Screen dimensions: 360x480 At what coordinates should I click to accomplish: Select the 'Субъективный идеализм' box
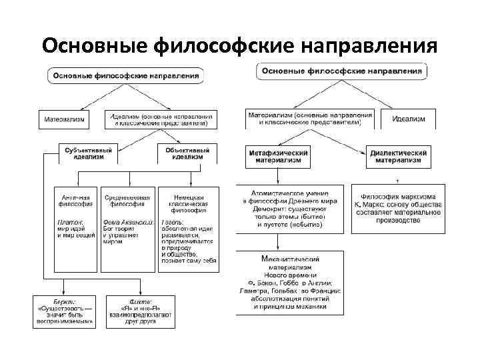click(x=88, y=153)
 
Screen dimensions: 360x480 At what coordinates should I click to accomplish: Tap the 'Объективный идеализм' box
click(x=187, y=153)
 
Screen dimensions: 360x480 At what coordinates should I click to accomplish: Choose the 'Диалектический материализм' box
click(x=398, y=156)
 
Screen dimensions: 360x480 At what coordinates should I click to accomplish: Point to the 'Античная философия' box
click(x=76, y=200)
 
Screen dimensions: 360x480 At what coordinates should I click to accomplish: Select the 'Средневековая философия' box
click(x=129, y=200)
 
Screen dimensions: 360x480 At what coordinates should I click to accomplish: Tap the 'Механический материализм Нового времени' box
click(x=289, y=283)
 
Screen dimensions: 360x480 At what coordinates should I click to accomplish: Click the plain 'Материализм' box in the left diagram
click(x=65, y=119)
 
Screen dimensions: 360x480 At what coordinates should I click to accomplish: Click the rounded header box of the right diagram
click(x=341, y=71)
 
